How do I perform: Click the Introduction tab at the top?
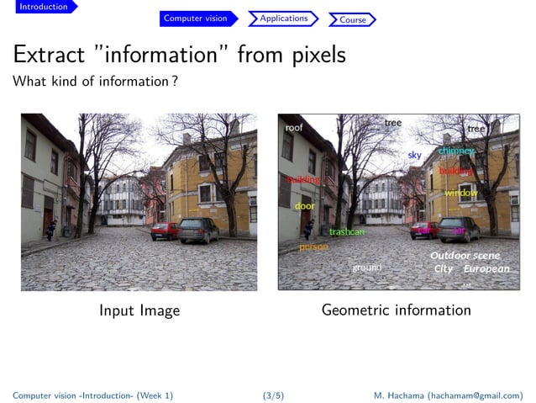pos(44,7)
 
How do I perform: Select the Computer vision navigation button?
pos(195,19)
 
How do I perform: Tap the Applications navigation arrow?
pos(283,19)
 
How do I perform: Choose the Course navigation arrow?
pos(352,19)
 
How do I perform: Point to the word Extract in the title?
pos(52,56)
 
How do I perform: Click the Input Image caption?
pos(139,310)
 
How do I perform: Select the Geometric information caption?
pos(396,310)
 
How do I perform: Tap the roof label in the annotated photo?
pos(294,128)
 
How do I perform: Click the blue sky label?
pos(414,156)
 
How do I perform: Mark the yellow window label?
pos(460,194)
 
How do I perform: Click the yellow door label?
pos(304,206)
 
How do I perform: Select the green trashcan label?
pos(346,231)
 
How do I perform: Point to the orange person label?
pos(313,247)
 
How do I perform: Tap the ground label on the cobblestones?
pos(366,268)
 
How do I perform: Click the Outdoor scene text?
pos(465,256)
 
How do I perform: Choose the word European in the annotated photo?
pos(486,269)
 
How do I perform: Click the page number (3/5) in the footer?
pos(273,395)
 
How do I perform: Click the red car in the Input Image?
pos(165,230)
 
